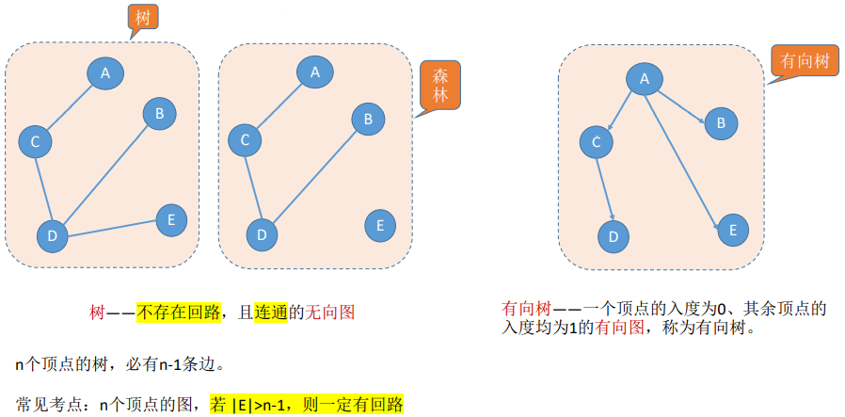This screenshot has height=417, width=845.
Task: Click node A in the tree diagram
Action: click(x=105, y=73)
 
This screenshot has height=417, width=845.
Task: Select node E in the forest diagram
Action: click(x=379, y=225)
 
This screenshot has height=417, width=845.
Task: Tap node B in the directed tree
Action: click(x=720, y=122)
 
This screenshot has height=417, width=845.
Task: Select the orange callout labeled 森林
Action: click(x=439, y=86)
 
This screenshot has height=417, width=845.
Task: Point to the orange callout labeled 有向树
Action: click(x=805, y=62)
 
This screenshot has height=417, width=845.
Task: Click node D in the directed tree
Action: click(x=613, y=235)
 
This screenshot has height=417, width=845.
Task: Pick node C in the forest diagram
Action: click(x=245, y=141)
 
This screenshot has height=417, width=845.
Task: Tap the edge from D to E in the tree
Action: click(x=114, y=228)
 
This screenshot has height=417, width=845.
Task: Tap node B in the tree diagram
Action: click(x=159, y=114)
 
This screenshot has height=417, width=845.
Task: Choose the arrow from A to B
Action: click(x=680, y=101)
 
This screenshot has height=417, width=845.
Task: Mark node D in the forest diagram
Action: click(x=262, y=233)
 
